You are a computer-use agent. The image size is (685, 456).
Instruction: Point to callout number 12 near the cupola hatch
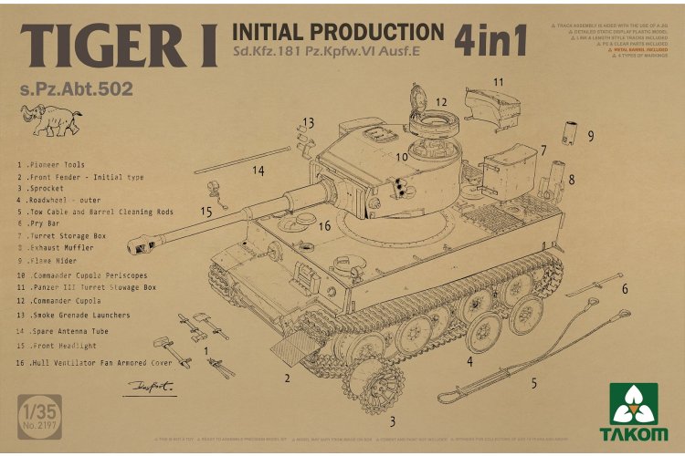click(441, 101)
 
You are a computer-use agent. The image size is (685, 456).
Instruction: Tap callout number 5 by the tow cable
click(533, 383)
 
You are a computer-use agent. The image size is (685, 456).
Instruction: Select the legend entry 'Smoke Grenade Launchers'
click(81, 315)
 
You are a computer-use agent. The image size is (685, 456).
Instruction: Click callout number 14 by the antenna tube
click(258, 171)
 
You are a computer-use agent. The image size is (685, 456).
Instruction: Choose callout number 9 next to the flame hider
click(591, 136)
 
